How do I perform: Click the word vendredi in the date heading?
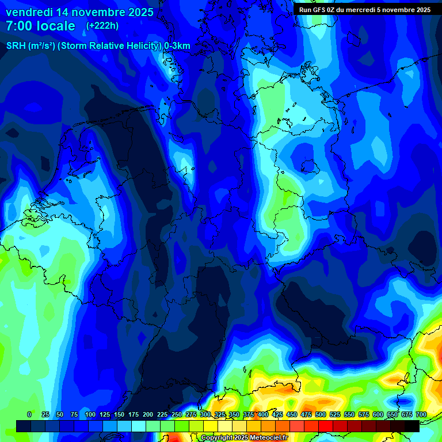pyautogui.click(x=29, y=12)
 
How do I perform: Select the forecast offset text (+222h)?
pyautogui.click(x=102, y=26)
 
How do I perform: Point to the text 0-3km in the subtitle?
pyautogui.click(x=177, y=46)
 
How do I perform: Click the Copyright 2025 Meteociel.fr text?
pyautogui.click(x=253, y=438)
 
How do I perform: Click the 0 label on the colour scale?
pyautogui.click(x=29, y=414)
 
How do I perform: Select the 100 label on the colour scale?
pyautogui.click(x=90, y=414)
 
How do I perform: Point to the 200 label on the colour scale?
pyautogui.click(x=148, y=414)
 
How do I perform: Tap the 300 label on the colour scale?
pyautogui.click(x=205, y=414)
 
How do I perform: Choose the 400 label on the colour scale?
pyautogui.click(x=263, y=414)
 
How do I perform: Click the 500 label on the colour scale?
pyautogui.click(x=321, y=414)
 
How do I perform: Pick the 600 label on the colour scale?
pyautogui.click(x=378, y=414)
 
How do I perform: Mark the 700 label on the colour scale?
pyautogui.click(x=421, y=414)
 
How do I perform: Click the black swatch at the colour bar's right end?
pyautogui.click(x=412, y=426)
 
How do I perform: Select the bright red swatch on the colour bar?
pyautogui.click(x=326, y=426)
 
